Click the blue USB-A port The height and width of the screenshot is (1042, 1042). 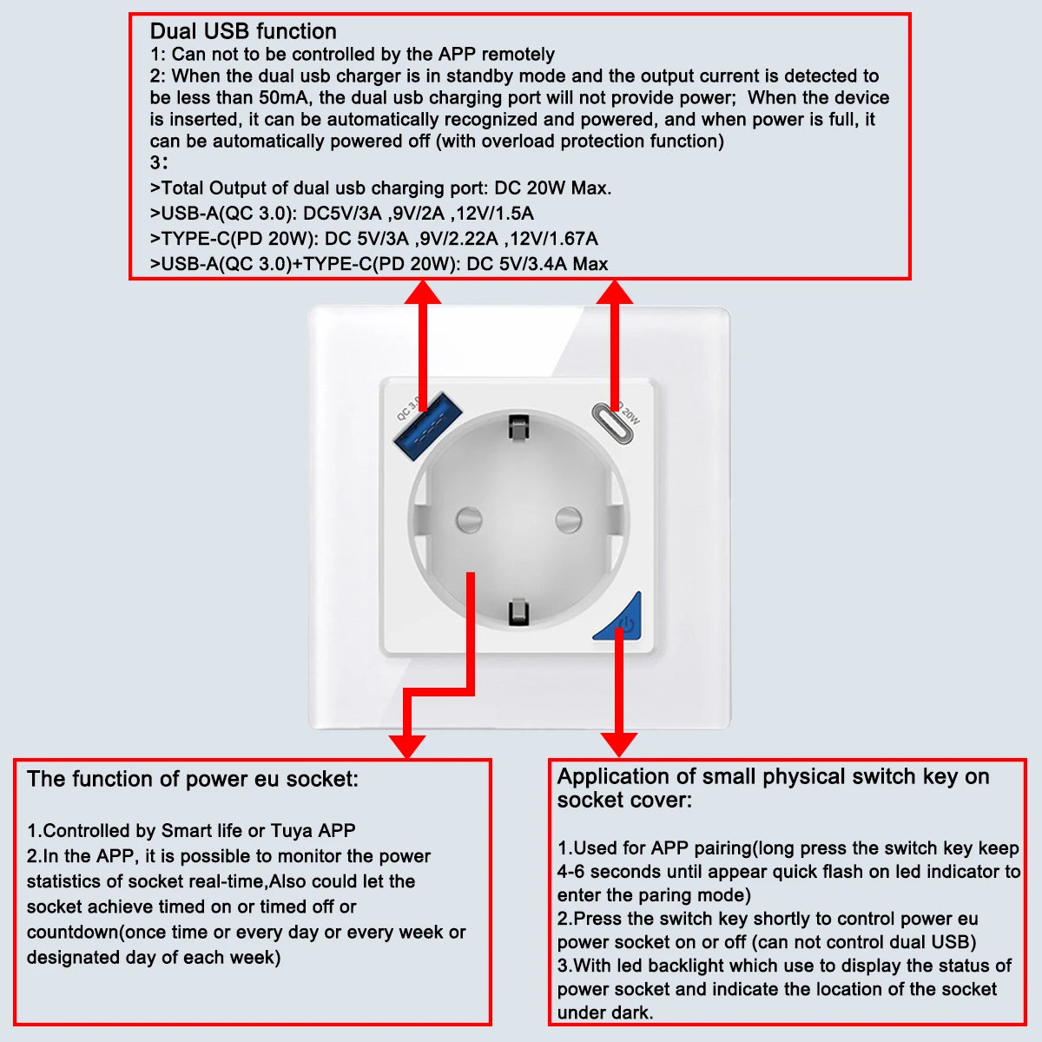tap(427, 426)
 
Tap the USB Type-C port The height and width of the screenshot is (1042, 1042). tap(613, 424)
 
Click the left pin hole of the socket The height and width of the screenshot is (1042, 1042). tap(469, 520)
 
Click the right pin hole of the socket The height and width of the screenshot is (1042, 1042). tap(569, 520)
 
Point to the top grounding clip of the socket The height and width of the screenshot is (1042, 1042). tap(518, 427)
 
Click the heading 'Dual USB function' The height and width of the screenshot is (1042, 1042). tap(243, 31)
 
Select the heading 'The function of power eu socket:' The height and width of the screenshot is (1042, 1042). tap(193, 779)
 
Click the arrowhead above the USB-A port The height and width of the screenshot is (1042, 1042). tap(423, 292)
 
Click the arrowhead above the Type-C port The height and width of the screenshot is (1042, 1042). tap(614, 292)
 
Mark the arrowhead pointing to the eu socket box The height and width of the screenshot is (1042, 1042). tap(407, 747)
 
